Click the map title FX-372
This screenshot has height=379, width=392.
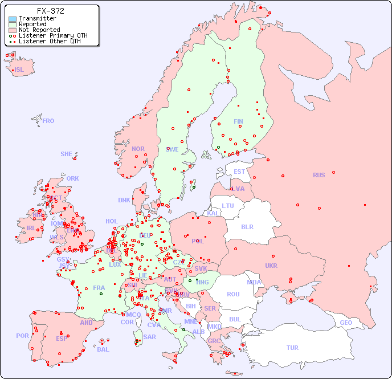click(50, 11)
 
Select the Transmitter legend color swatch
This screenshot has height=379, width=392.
click(13, 19)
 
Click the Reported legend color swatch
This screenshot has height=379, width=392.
click(13, 25)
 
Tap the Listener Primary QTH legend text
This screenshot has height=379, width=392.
click(53, 35)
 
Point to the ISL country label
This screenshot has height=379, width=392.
click(19, 70)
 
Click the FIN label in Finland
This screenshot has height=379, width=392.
click(238, 121)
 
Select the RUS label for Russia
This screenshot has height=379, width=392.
click(318, 175)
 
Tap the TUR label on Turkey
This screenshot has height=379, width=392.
click(292, 348)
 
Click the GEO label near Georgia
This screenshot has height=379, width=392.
click(346, 323)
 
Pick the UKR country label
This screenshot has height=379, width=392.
click(271, 266)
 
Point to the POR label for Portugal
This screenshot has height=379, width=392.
click(22, 336)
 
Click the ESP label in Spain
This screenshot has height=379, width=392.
click(62, 338)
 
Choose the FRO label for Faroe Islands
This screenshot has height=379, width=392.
click(48, 121)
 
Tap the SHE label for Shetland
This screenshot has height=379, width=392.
click(67, 154)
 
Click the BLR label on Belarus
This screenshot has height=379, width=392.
click(247, 226)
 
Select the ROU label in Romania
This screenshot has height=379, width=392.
click(233, 294)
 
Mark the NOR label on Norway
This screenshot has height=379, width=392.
click(138, 149)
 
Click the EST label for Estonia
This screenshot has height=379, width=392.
click(239, 172)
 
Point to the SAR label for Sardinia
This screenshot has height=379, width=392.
click(149, 337)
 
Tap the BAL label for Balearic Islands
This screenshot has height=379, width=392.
click(103, 349)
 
